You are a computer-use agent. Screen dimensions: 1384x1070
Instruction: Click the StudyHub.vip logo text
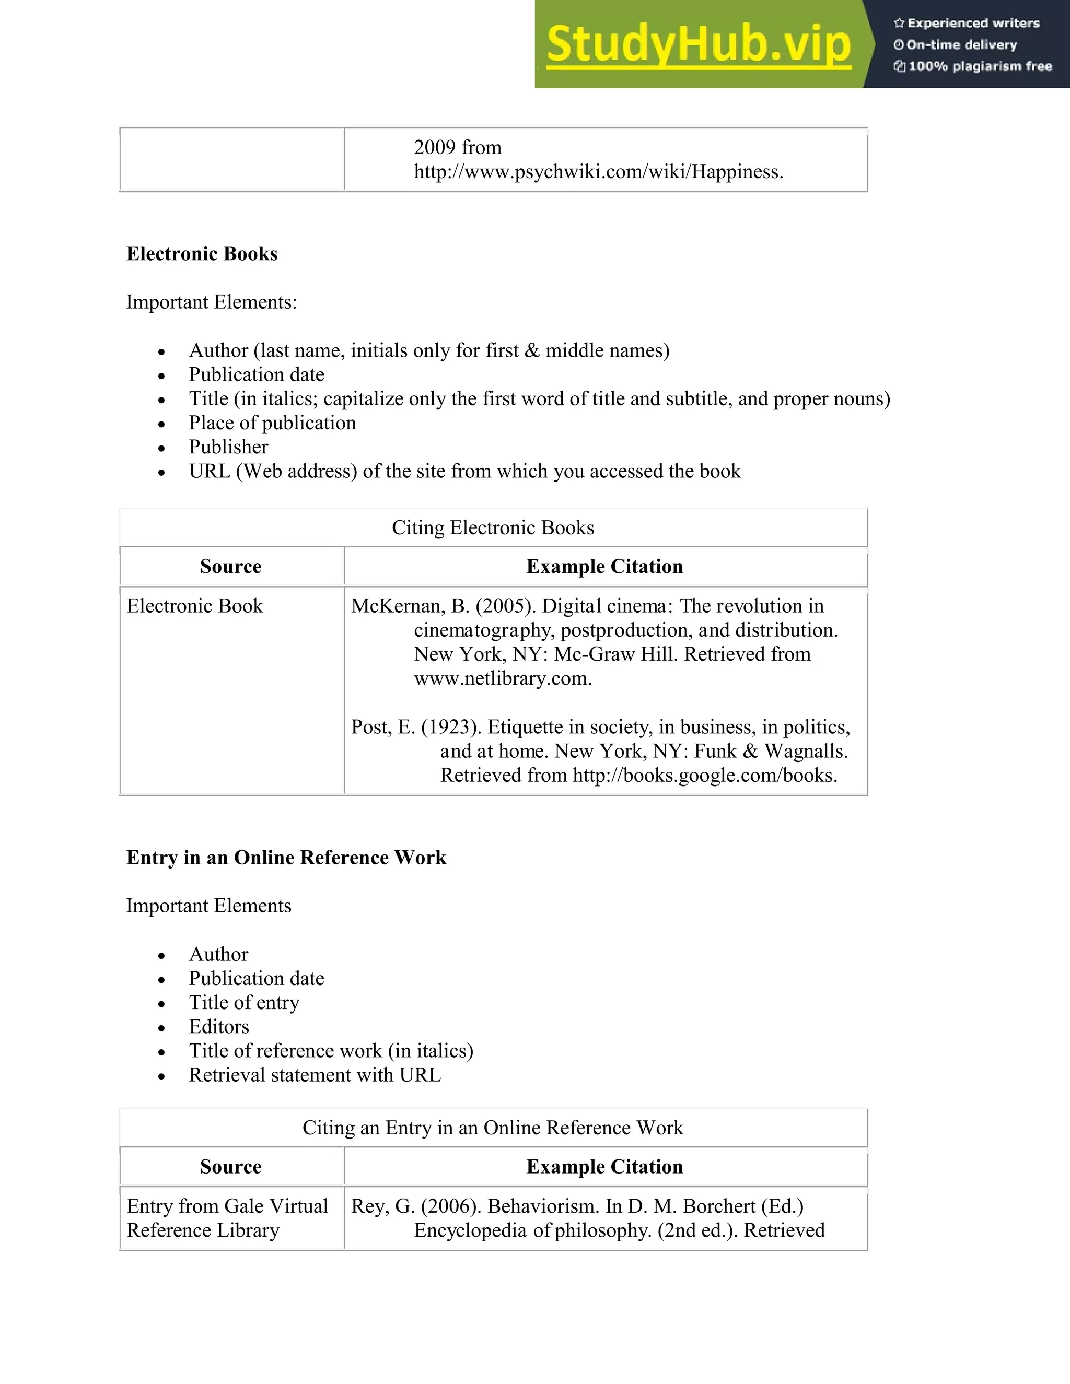pyautogui.click(x=698, y=44)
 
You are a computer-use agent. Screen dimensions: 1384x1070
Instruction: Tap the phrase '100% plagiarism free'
pyautogui.click(x=980, y=66)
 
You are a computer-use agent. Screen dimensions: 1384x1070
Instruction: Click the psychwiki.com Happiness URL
pyautogui.click(x=598, y=172)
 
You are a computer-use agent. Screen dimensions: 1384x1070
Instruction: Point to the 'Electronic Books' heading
pyautogui.click(x=202, y=253)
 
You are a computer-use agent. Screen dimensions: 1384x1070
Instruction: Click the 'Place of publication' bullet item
pyautogui.click(x=272, y=423)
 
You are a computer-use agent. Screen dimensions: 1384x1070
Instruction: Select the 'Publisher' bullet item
pyautogui.click(x=228, y=447)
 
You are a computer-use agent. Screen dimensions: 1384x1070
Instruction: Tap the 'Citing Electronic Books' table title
pyautogui.click(x=493, y=528)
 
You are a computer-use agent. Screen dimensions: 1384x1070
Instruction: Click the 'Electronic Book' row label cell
pyautogui.click(x=194, y=606)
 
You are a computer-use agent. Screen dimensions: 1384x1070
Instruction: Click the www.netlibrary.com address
pyautogui.click(x=502, y=679)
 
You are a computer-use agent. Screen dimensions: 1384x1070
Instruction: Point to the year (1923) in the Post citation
pyautogui.click(x=451, y=727)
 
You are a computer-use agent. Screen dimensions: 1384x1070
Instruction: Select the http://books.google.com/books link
pyautogui.click(x=704, y=775)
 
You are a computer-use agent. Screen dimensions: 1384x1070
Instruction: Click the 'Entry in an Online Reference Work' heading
pyautogui.click(x=286, y=858)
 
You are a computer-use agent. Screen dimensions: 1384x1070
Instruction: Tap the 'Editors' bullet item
pyautogui.click(x=219, y=1027)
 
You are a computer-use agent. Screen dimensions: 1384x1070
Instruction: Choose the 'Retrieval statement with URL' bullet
pyautogui.click(x=315, y=1075)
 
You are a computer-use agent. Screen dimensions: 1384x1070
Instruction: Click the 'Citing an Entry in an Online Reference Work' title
pyautogui.click(x=493, y=1128)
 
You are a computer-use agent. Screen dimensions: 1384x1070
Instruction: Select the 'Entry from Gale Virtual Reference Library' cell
pyautogui.click(x=227, y=1218)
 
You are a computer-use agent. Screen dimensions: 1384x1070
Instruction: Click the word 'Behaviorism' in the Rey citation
pyautogui.click(x=543, y=1206)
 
